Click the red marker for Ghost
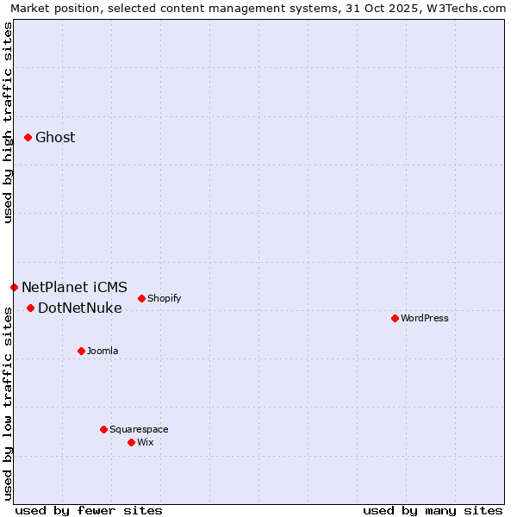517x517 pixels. pyautogui.click(x=28, y=137)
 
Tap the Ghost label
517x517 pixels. pyautogui.click(x=55, y=138)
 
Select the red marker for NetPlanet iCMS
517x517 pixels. pyautogui.click(x=14, y=287)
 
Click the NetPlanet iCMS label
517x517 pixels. pyautogui.click(x=74, y=288)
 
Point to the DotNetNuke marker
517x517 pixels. pyautogui.click(x=30, y=308)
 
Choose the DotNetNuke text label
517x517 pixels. pyautogui.click(x=80, y=308)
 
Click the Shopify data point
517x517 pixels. pyautogui.click(x=141, y=298)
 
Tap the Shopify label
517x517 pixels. pyautogui.click(x=164, y=299)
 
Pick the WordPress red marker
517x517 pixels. pyautogui.click(x=395, y=318)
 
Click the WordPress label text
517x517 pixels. pyautogui.click(x=425, y=319)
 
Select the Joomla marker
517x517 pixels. pyautogui.click(x=81, y=351)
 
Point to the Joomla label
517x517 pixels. pyautogui.click(x=103, y=352)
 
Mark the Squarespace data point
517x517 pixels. pyautogui.click(x=103, y=429)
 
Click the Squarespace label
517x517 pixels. pyautogui.click(x=139, y=430)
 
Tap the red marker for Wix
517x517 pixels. pyautogui.click(x=131, y=442)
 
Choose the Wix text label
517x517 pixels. pyautogui.click(x=146, y=443)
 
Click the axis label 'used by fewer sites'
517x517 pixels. pyautogui.click(x=89, y=510)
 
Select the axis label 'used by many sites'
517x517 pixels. pyautogui.click(x=433, y=510)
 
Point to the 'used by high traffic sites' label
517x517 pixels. pyautogui.click(x=8, y=122)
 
